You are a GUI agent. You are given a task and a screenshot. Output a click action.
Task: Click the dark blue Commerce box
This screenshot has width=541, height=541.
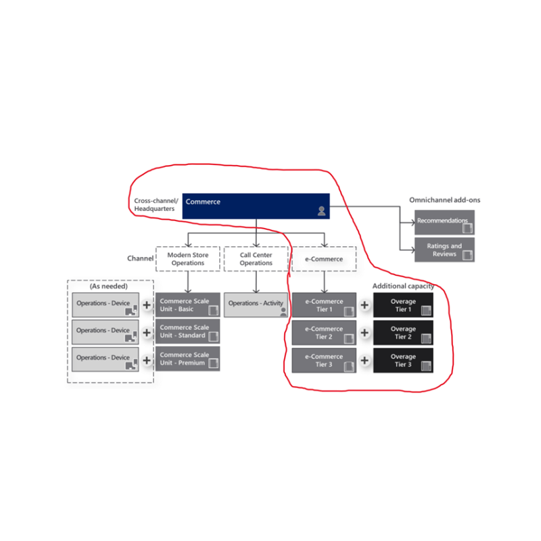pos(256,206)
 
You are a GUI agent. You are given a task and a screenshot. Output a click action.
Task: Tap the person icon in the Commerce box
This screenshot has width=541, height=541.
pos(321,211)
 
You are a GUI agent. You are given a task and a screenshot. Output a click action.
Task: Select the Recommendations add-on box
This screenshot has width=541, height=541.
pos(444,222)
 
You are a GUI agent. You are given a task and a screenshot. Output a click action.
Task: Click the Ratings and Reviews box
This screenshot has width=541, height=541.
pos(444,250)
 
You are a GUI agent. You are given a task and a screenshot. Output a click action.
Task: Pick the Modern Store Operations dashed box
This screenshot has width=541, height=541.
pos(188,259)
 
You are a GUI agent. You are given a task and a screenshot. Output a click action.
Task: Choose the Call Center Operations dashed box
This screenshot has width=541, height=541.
pos(256,259)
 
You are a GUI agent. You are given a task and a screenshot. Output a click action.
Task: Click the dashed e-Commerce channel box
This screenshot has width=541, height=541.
pos(324,259)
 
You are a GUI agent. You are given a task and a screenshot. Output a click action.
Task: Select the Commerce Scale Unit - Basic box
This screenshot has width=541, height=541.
pos(188,305)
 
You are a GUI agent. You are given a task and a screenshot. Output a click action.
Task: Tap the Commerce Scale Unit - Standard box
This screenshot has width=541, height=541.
pos(188,331)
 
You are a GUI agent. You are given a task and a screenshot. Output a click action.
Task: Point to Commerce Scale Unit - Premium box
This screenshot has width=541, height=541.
pos(188,359)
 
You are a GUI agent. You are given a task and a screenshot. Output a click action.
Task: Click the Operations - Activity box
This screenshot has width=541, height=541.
pos(256,305)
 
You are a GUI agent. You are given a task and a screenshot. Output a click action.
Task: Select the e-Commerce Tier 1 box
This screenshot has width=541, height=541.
pos(324,305)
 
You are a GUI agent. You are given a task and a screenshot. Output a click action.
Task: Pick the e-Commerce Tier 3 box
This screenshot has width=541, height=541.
pos(324,360)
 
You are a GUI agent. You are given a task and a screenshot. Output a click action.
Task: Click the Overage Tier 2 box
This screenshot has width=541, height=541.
pos(403,333)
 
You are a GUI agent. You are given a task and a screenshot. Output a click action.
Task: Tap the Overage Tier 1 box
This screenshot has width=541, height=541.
pos(403,305)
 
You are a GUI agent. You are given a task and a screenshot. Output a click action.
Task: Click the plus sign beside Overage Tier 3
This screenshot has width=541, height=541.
pos(364,360)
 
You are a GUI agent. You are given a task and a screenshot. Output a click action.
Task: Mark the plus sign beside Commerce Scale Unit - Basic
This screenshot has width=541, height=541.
pos(147,305)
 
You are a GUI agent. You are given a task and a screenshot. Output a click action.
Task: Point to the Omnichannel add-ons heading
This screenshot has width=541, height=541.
pos(444,199)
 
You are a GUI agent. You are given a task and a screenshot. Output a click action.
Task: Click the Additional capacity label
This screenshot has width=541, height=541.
pos(403,286)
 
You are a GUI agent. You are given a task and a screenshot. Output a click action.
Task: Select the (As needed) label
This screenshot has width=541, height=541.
pos(109,286)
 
